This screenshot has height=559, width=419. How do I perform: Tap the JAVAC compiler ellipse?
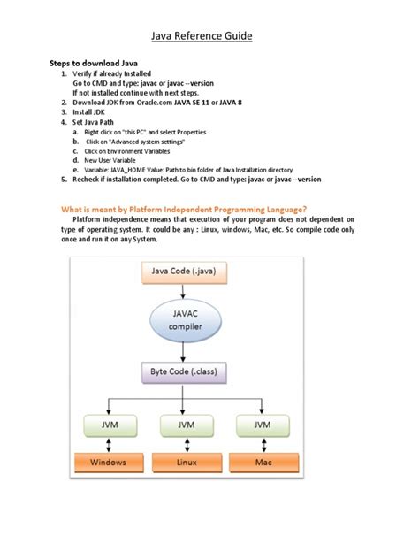tap(183, 319)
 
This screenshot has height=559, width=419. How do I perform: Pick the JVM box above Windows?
tap(107, 426)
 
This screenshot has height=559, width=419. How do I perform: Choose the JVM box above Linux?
tap(184, 426)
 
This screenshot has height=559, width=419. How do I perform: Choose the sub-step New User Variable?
tap(114, 160)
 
